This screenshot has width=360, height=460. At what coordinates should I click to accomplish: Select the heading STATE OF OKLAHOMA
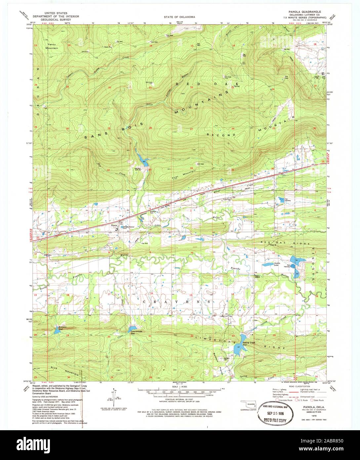(x=179, y=17)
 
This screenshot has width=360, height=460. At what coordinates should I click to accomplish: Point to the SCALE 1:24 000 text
(x=179, y=387)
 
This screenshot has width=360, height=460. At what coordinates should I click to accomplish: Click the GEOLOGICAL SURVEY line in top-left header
(x=53, y=20)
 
